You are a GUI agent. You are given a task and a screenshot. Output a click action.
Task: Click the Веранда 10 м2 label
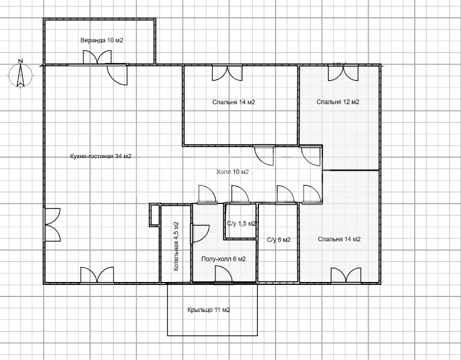point(102,40)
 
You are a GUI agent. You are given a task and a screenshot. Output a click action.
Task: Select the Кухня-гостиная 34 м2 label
point(101,156)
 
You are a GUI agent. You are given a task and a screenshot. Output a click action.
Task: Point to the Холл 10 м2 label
point(232,172)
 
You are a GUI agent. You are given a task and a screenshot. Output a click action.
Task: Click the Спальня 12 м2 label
point(338,102)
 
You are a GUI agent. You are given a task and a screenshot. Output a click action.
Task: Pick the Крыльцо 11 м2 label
point(208,310)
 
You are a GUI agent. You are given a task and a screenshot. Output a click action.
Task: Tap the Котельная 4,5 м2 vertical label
point(176,246)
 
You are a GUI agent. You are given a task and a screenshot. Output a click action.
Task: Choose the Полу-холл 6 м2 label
point(223,259)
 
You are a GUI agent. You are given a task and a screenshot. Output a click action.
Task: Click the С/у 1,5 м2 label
point(242,223)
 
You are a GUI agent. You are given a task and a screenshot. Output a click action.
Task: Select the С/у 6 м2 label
point(278,240)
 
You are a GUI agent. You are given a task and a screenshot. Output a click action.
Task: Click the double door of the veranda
point(97,57)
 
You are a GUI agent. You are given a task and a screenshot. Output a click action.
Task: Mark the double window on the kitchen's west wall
point(52,225)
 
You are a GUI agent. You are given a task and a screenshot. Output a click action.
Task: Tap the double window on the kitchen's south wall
point(97,275)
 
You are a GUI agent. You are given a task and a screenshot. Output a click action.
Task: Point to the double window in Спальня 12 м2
point(343,72)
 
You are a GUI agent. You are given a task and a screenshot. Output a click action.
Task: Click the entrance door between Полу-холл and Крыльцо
point(223,274)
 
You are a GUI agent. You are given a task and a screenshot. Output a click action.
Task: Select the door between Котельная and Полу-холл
point(200,233)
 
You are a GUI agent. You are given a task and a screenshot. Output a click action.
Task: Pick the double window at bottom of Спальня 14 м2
point(346,275)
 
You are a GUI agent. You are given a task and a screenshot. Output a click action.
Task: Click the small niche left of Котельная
point(154,215)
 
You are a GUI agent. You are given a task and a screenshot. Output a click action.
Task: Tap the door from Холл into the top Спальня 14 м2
point(264,155)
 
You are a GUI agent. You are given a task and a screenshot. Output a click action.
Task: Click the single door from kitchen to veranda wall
point(117,75)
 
